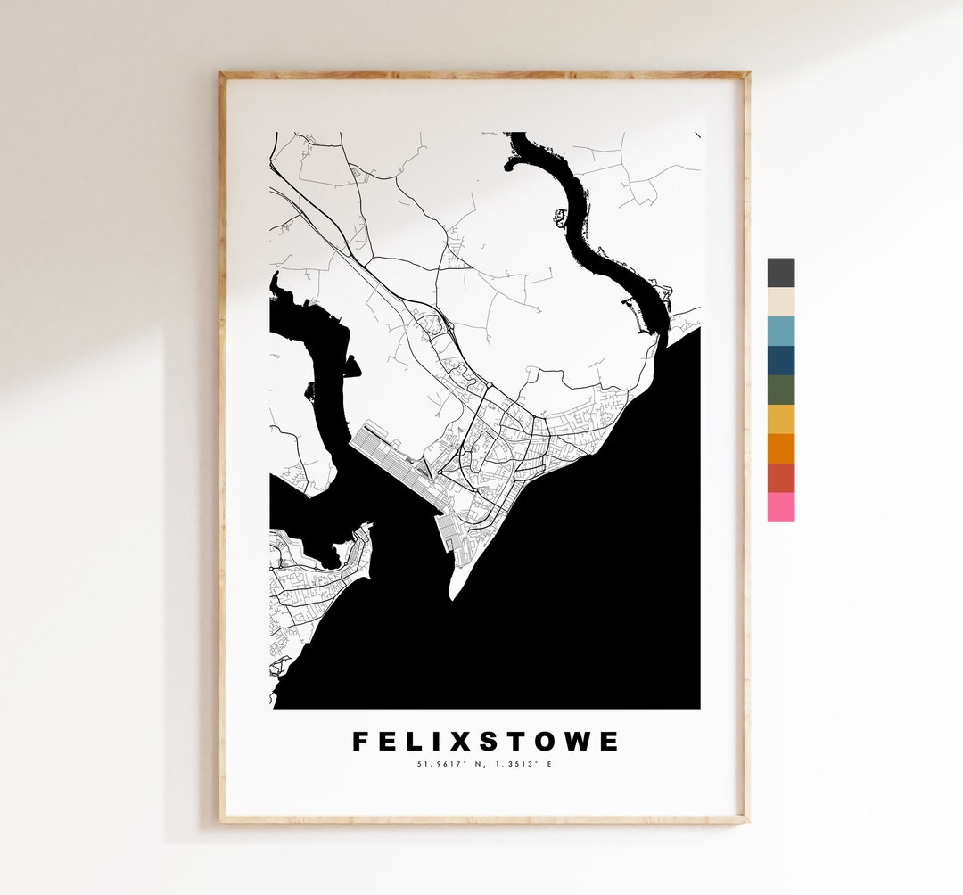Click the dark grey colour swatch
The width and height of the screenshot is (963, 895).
tap(780, 273)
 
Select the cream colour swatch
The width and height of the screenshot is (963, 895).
tap(780, 302)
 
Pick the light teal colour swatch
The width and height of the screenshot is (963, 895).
tap(780, 332)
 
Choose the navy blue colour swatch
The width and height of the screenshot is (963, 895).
tap(780, 361)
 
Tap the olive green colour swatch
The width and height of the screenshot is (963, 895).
tap(780, 390)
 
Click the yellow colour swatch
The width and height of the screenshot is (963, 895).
tap(780, 420)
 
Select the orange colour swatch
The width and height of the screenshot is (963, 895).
tap(780, 448)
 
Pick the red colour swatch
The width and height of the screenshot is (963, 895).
tap(780, 478)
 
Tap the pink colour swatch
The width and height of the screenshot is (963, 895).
tap(780, 507)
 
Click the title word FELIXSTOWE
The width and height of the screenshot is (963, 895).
tap(485, 742)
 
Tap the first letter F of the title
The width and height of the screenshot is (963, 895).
tap(360, 742)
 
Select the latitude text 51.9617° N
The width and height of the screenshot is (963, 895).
tap(451, 764)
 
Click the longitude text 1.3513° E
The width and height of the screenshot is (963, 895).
tap(523, 764)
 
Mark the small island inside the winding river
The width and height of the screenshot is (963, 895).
tap(561, 217)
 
